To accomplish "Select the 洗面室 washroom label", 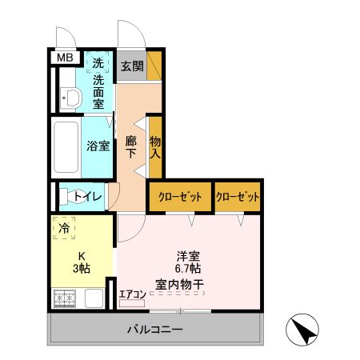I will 98,90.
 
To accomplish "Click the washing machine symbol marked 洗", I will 98,62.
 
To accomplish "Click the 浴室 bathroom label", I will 97,146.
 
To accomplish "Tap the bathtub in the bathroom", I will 64,146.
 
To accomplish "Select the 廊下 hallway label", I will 130,146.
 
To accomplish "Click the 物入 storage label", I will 155,144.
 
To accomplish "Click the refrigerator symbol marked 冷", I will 64,227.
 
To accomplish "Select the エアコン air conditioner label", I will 132,293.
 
